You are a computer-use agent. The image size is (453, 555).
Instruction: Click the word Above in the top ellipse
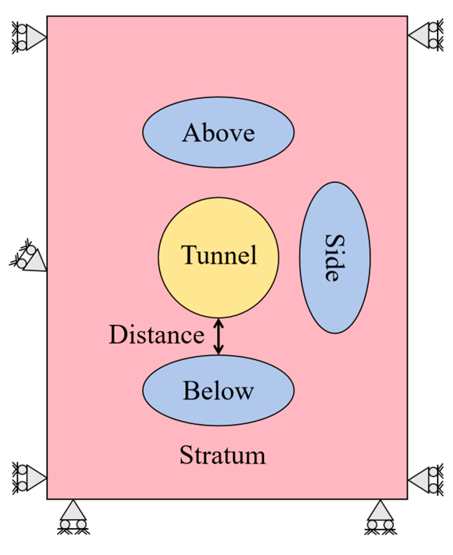[x=218, y=133]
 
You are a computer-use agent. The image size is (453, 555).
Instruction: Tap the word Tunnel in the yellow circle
[x=219, y=255]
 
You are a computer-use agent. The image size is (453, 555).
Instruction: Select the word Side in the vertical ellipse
[x=335, y=258]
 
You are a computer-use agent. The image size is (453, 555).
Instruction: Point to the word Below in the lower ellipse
[x=218, y=391]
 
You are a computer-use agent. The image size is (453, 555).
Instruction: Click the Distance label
[x=156, y=335]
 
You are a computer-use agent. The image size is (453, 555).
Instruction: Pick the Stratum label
[x=222, y=455]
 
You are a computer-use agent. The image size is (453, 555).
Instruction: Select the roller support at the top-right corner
[x=425, y=35]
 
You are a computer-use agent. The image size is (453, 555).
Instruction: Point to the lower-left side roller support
[x=29, y=478]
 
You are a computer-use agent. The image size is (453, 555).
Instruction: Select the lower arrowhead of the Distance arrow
[x=219, y=351]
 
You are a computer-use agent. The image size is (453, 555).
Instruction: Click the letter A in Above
[x=191, y=133]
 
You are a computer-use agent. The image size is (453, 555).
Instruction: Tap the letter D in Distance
[x=118, y=335]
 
